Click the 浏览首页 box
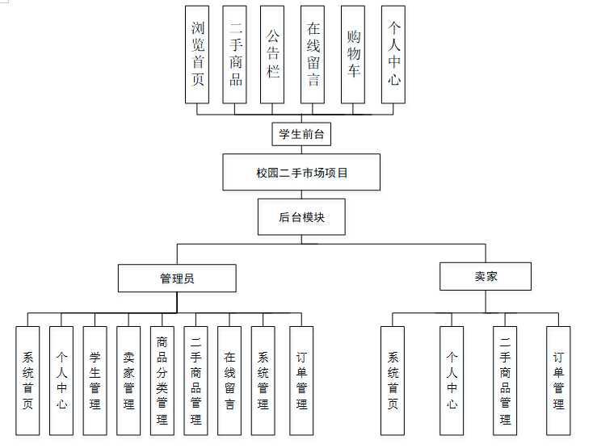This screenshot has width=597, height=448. coord(197,54)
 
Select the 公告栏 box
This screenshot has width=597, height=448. coord(273,54)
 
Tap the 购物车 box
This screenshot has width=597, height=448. coord(353,54)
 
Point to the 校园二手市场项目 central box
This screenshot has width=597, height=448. coord(301,172)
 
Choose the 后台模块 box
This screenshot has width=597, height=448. coord(301,217)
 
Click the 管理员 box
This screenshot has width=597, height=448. coord(177,278)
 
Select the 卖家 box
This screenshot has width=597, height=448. coord(486,276)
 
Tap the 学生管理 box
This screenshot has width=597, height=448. coord(95,380)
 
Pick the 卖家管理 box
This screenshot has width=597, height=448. coord(128,380)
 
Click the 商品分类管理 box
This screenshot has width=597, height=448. coord(162,380)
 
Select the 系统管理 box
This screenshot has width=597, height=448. coord(263,380)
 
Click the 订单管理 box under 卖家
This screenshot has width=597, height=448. coord(558,380)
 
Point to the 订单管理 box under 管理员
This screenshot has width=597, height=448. coord(301,380)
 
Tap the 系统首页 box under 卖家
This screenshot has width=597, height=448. coord(393,380)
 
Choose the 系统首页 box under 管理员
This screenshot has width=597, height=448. coord(27,380)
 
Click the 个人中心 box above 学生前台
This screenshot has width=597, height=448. coord(393,54)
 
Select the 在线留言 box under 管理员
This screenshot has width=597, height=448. coord(229,380)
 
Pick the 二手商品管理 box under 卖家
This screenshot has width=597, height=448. coord(505,380)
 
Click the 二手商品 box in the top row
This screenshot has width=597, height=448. coord(235,54)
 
